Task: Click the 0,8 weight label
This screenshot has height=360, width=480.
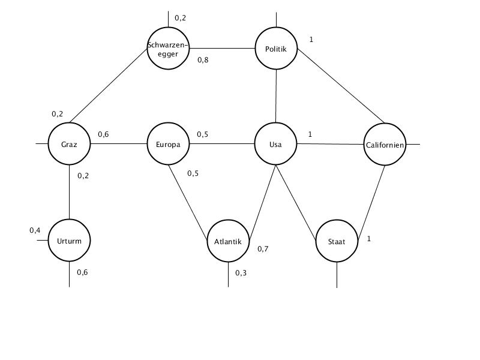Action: [203, 60]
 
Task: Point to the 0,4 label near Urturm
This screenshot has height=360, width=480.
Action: [35, 230]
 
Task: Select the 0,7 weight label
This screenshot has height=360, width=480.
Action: [263, 249]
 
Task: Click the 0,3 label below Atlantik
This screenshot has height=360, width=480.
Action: [241, 273]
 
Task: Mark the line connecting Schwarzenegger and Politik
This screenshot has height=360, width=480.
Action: [222, 49]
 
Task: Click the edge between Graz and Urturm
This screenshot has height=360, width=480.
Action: [69, 192]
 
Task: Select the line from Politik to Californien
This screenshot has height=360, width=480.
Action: [341, 86]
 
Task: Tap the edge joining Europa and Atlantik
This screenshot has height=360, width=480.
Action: [188, 202]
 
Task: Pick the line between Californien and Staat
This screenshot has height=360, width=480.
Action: [371, 202]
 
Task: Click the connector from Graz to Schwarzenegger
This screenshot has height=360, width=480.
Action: [109, 86]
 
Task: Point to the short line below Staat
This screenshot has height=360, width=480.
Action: [337, 275]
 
